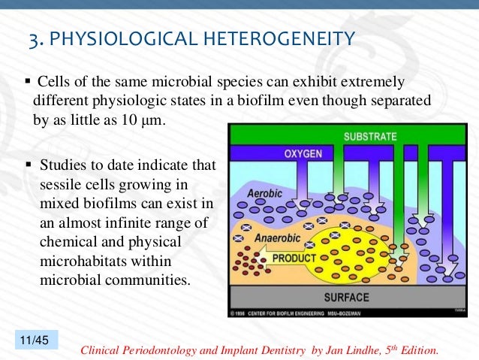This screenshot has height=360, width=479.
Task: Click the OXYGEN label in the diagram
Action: click(303, 154)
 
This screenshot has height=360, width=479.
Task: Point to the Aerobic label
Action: click(267, 193)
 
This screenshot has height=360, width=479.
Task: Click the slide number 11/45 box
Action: click(32, 341)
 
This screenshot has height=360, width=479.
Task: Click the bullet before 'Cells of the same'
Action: click(27, 80)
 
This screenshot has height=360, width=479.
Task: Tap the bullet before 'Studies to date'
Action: click(29, 164)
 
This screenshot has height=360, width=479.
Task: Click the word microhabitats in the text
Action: click(80, 262)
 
